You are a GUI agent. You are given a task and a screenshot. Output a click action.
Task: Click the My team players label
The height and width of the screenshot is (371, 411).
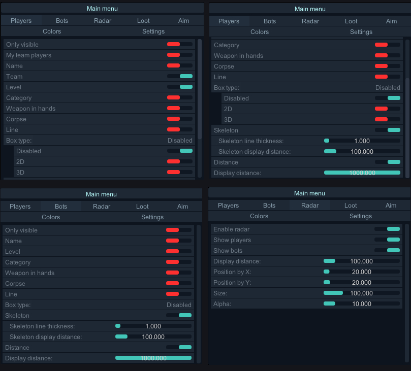28,55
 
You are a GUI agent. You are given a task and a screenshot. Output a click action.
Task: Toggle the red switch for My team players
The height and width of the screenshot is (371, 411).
180,55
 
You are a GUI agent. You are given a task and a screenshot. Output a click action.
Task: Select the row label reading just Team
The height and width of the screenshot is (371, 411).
14,76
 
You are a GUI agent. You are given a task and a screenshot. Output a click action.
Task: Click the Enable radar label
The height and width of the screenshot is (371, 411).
231,229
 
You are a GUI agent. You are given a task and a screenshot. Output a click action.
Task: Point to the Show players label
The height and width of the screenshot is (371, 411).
232,240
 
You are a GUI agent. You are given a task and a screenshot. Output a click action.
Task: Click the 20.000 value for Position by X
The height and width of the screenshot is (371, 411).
361,272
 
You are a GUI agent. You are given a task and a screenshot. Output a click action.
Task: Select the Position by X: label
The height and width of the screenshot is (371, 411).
232,272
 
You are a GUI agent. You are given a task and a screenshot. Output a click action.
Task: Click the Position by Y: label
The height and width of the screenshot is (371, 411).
232,283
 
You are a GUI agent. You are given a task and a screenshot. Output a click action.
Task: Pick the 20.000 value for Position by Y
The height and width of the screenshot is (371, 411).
361,283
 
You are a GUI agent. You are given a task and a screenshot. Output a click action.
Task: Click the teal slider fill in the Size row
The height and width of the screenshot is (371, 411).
333,293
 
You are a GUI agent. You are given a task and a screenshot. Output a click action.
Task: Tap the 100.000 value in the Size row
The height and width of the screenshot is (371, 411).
361,293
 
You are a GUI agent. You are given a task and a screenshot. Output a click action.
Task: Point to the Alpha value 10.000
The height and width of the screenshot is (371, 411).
361,304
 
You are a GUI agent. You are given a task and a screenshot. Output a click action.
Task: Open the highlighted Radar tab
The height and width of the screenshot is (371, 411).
309,206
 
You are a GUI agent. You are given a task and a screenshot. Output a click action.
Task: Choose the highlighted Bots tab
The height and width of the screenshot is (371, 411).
61,207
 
